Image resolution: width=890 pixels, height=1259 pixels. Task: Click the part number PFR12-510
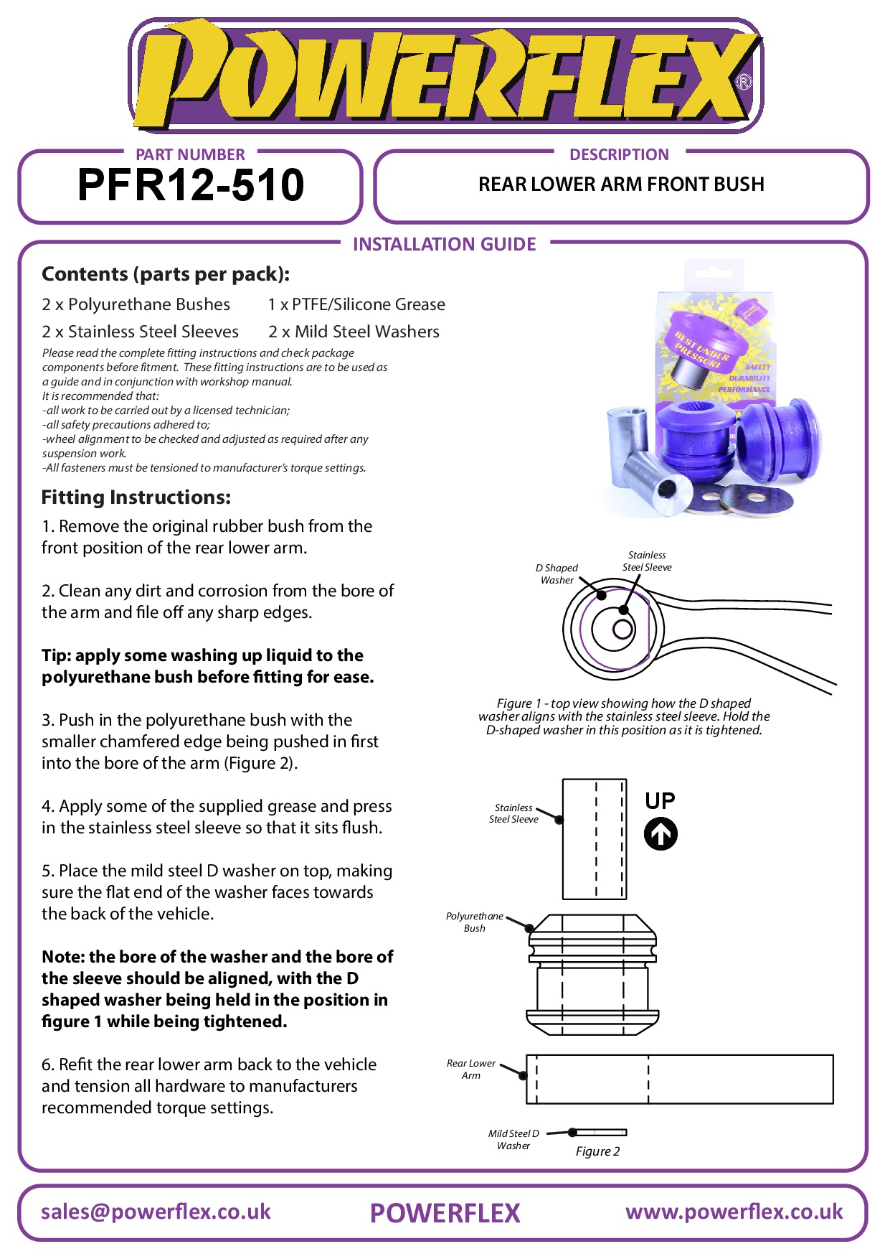(191, 185)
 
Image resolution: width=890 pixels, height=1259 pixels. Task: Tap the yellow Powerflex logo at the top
(445, 75)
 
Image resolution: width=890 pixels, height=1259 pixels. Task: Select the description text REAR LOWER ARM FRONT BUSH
(621, 184)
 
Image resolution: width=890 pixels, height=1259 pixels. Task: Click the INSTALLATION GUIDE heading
(444, 244)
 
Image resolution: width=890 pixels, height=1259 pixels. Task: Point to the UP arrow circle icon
(661, 834)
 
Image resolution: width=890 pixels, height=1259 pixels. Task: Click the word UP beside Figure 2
(660, 800)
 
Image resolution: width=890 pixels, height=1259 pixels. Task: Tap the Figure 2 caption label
(597, 1151)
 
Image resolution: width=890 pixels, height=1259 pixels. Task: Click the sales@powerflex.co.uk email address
(156, 1212)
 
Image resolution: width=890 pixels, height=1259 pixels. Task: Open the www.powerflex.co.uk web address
(734, 1212)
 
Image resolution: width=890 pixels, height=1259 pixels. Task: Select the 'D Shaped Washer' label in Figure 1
(557, 574)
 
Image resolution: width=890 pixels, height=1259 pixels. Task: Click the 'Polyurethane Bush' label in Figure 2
(474, 922)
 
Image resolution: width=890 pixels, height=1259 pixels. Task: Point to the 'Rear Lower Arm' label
(470, 1069)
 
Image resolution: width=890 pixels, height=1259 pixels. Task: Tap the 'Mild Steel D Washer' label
(513, 1139)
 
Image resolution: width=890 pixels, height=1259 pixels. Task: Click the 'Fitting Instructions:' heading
(136, 497)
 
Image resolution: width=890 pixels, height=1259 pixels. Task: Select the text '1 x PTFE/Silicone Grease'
(356, 304)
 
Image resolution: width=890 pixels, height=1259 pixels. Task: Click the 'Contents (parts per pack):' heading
(166, 274)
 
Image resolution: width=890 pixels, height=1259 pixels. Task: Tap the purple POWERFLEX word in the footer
(445, 1213)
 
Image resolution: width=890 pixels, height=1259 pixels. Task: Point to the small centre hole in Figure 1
(622, 629)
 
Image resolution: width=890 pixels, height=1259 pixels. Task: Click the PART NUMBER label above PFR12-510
(190, 154)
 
